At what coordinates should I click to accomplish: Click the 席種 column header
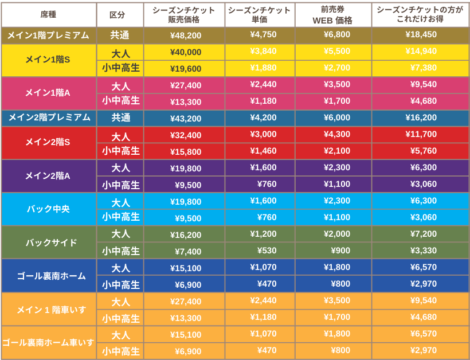tap(48, 15)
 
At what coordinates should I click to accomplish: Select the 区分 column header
tap(120, 15)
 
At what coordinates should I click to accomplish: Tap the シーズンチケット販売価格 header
tap(184, 15)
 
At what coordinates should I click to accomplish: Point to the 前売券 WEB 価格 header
tap(333, 15)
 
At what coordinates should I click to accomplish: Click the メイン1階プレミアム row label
tap(48, 36)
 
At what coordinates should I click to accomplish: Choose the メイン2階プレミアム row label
tap(48, 118)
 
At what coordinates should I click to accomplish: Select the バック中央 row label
tap(48, 209)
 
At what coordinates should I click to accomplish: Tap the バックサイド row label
tap(48, 242)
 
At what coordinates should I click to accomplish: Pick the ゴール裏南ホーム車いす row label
tap(48, 343)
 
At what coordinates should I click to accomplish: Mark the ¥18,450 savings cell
tap(421, 34)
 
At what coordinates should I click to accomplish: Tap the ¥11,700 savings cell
tap(421, 134)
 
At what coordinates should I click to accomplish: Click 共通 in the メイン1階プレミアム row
tap(120, 36)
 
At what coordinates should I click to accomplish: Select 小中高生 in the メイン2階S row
tap(120, 151)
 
